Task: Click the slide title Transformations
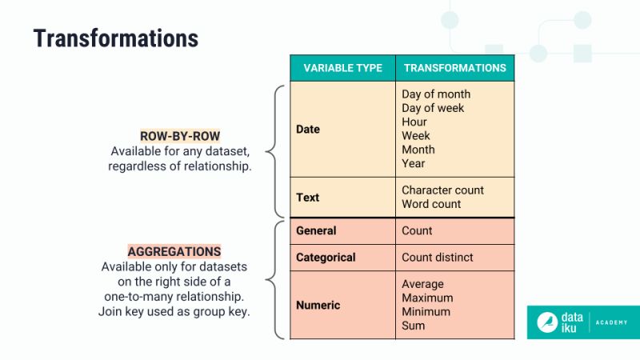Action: coord(115,38)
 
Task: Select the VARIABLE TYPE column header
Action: coord(342,68)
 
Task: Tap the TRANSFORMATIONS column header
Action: coord(454,68)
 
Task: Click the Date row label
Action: coord(308,129)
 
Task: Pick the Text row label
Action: coord(307,197)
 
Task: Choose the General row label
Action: coord(316,230)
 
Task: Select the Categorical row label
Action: coord(326,258)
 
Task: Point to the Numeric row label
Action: coord(318,305)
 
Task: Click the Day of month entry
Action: coord(436,94)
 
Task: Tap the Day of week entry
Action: coord(433,108)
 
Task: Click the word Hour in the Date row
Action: coord(414,122)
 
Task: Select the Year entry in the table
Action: coord(414,163)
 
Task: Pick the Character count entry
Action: coord(442,190)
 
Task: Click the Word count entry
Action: coord(431,204)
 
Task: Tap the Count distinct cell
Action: coord(438,258)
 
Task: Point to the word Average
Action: coord(422,284)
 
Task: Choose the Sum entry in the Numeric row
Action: coord(413,326)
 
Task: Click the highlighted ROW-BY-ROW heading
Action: coord(180,136)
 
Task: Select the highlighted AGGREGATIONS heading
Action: coord(174,251)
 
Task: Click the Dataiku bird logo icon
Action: coord(548,322)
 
